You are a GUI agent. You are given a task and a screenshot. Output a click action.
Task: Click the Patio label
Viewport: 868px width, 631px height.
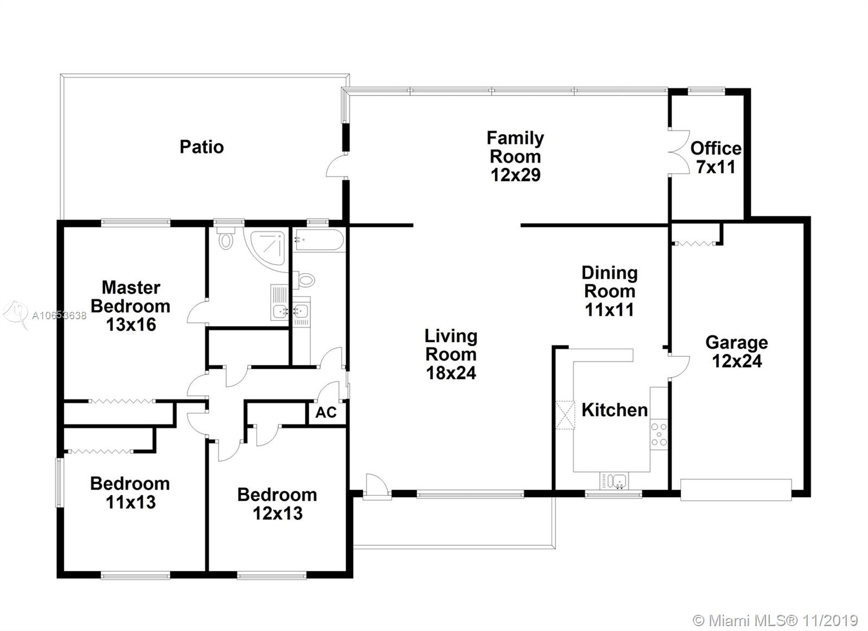pos(201,147)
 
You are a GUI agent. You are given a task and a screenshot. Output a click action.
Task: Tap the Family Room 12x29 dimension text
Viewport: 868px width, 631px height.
pos(515,175)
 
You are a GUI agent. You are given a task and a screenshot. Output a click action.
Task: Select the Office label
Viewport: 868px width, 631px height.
pos(716,149)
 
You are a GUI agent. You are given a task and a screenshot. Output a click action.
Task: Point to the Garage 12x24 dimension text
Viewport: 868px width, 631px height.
pos(737,361)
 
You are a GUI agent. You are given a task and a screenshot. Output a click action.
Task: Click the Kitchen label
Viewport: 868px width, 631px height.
pos(615,410)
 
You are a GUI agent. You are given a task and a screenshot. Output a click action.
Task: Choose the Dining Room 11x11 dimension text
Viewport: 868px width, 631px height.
pos(610,310)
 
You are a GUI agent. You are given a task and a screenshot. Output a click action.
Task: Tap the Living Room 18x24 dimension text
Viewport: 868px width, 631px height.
pos(451,373)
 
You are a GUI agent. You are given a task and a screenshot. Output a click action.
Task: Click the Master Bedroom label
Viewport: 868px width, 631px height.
pos(131,296)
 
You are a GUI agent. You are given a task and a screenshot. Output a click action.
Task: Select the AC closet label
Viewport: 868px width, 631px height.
pos(326,413)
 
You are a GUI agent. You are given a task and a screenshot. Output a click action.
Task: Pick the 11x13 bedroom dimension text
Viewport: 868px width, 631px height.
pos(131,502)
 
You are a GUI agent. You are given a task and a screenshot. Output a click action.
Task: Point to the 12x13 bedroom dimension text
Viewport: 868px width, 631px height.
pos(277,513)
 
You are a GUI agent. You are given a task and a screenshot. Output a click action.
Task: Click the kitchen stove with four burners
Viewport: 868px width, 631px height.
pos(659,434)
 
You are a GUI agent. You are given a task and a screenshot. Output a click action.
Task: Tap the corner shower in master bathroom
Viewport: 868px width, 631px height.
pos(267,247)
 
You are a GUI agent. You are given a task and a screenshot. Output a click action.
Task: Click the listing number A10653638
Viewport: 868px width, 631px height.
pos(59,315)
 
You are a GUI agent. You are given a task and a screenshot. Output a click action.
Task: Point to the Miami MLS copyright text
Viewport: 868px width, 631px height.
pos(775,620)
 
